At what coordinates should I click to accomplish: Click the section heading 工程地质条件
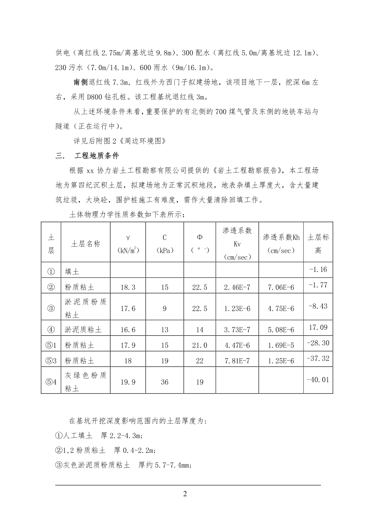(x=97, y=156)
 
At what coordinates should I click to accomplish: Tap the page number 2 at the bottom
(x=185, y=494)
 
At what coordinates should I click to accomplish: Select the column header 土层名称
(x=85, y=244)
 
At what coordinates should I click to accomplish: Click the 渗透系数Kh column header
(x=281, y=244)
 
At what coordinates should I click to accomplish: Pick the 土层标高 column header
(x=318, y=244)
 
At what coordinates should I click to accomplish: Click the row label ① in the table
(x=51, y=272)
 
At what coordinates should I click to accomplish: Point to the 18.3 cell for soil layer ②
(x=128, y=287)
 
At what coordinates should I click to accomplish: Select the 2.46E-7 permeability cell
(x=237, y=287)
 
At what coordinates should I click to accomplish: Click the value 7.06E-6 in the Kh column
(x=281, y=287)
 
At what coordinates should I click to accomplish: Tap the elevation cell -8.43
(x=318, y=306)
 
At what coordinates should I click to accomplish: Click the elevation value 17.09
(x=318, y=328)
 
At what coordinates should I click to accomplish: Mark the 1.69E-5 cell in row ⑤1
(x=281, y=345)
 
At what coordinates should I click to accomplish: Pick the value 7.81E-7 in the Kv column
(x=237, y=361)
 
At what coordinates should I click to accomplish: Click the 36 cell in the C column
(x=164, y=382)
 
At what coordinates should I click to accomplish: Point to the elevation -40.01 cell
(x=318, y=380)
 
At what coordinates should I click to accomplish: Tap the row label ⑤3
(x=51, y=361)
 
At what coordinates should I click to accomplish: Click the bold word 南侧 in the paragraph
(x=80, y=82)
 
